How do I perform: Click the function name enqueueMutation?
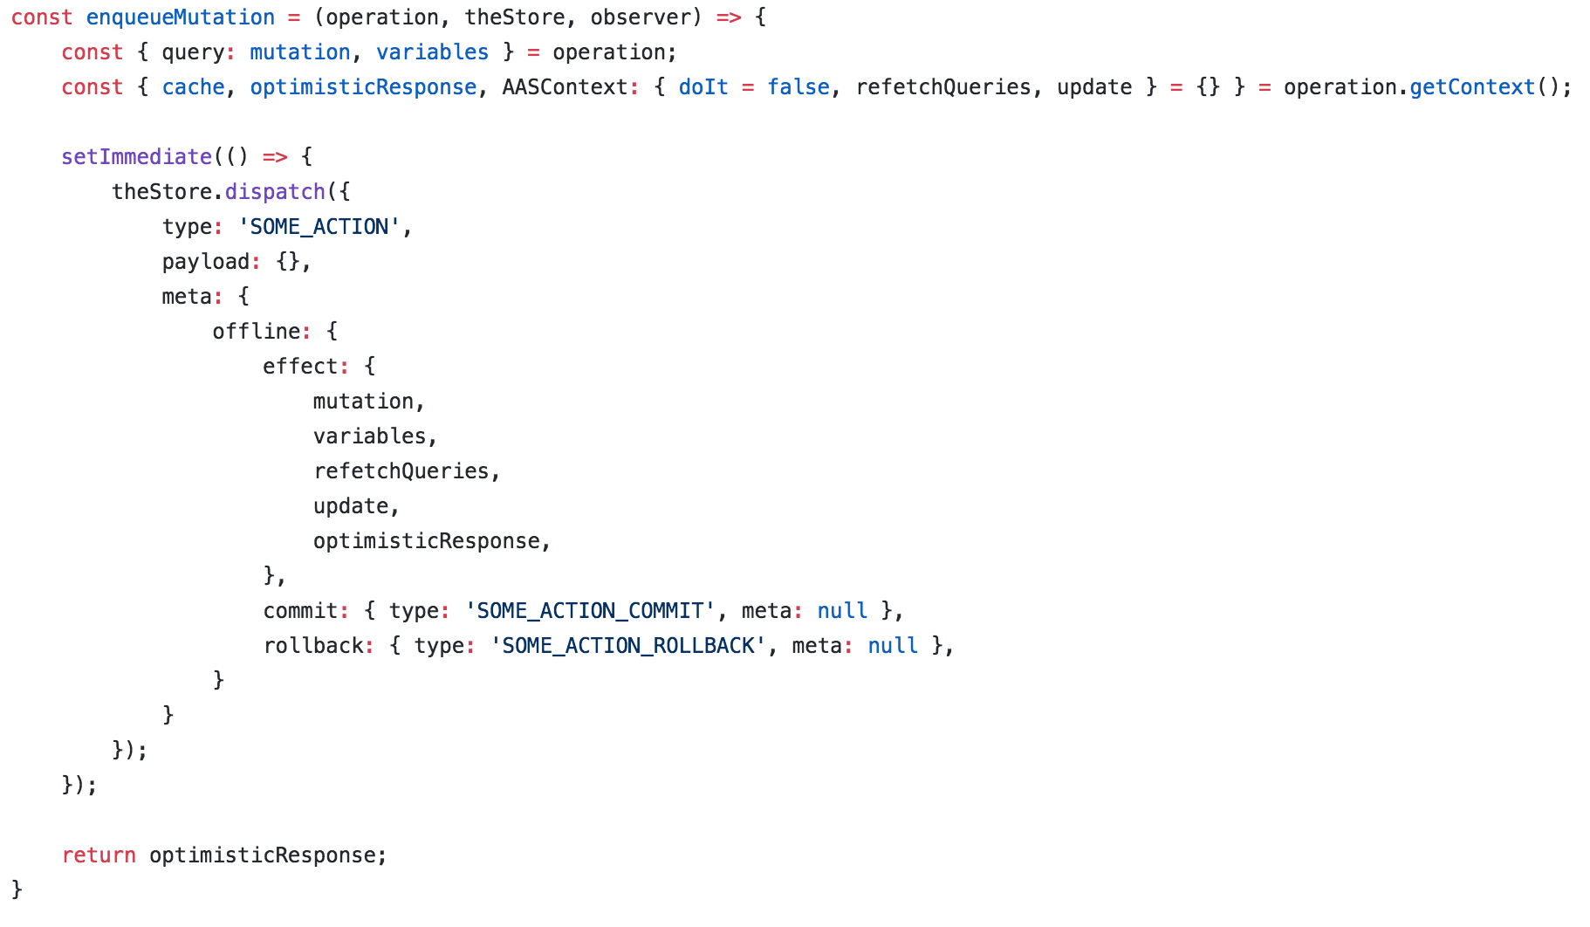pos(180,17)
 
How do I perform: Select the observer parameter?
pos(646,17)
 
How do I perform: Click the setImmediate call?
pos(136,157)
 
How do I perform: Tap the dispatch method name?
pos(275,192)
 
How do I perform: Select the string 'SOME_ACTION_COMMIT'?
pos(590,611)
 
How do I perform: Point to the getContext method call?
pos(1471,87)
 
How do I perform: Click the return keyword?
pos(99,855)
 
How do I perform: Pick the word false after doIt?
pos(798,87)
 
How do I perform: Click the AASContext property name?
pos(565,87)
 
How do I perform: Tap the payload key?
pos(205,262)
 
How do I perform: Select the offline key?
pos(256,332)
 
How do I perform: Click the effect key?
pos(299,367)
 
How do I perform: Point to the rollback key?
pos(313,646)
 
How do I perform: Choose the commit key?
pos(300,611)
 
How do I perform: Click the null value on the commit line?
pos(841,611)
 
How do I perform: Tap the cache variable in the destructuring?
pos(193,87)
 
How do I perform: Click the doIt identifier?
pos(702,87)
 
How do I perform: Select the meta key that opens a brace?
pos(186,297)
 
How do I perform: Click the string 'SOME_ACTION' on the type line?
pos(319,227)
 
